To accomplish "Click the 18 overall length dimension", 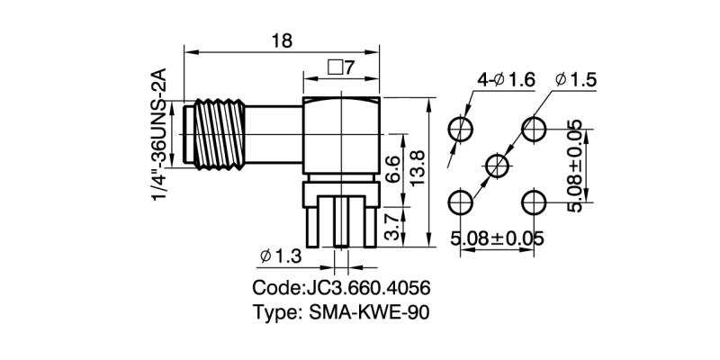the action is coord(282,40).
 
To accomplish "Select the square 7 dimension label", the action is coord(341,68).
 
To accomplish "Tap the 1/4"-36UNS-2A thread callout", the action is coord(159,134).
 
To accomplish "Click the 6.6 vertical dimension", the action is coord(392,170).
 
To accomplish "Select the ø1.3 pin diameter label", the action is coord(281,256).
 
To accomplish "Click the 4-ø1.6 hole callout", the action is coord(507,80).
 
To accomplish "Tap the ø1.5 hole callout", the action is coord(576,80).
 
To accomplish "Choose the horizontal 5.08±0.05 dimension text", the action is coord(497,238).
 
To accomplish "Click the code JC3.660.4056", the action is coord(342,288).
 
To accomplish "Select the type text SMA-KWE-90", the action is coord(342,312).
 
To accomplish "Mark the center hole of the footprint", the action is coord(498,166).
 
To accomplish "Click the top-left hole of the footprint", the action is coord(461,129).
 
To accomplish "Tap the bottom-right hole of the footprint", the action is coord(534,202).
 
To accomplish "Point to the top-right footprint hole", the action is coord(534,129).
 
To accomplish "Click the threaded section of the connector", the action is coord(219,134).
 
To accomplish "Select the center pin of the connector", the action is coord(341,222).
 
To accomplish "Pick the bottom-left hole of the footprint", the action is coord(461,202).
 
